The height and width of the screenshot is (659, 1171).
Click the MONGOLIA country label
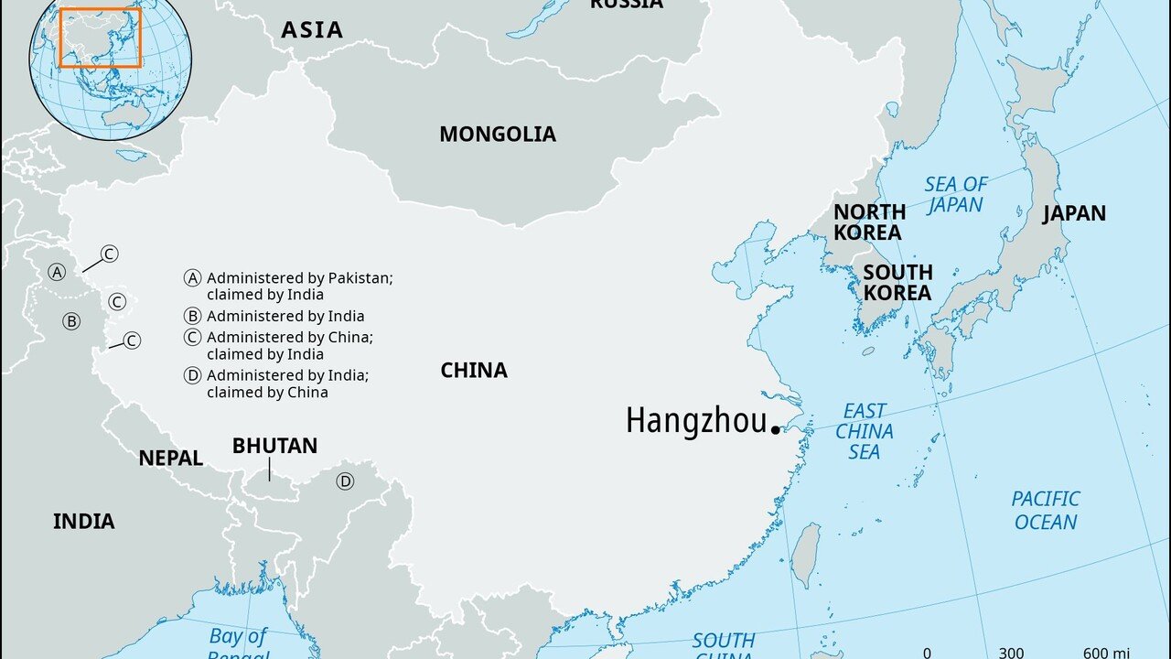[497, 134]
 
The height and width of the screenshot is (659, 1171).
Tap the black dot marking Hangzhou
[776, 428]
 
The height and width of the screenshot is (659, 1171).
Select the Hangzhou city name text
[695, 421]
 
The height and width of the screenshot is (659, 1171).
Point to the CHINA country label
[473, 370]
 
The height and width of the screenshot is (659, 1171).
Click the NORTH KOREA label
[868, 222]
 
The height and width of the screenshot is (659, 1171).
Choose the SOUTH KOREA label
[897, 282]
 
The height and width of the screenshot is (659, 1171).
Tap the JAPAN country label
[1074, 213]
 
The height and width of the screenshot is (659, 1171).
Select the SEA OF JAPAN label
[955, 194]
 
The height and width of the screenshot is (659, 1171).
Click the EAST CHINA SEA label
[864, 431]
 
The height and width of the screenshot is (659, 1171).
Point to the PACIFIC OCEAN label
[1045, 510]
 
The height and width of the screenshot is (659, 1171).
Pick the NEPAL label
[170, 459]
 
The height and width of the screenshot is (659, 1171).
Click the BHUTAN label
[274, 446]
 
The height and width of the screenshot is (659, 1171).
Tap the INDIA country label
[83, 521]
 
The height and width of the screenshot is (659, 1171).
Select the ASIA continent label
[312, 29]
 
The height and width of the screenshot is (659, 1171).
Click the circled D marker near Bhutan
[345, 481]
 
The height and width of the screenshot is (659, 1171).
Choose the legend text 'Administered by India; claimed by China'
[286, 384]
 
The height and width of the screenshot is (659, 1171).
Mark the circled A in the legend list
[192, 277]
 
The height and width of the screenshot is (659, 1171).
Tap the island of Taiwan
[805, 555]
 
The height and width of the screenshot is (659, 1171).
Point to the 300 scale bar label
[1010, 652]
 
